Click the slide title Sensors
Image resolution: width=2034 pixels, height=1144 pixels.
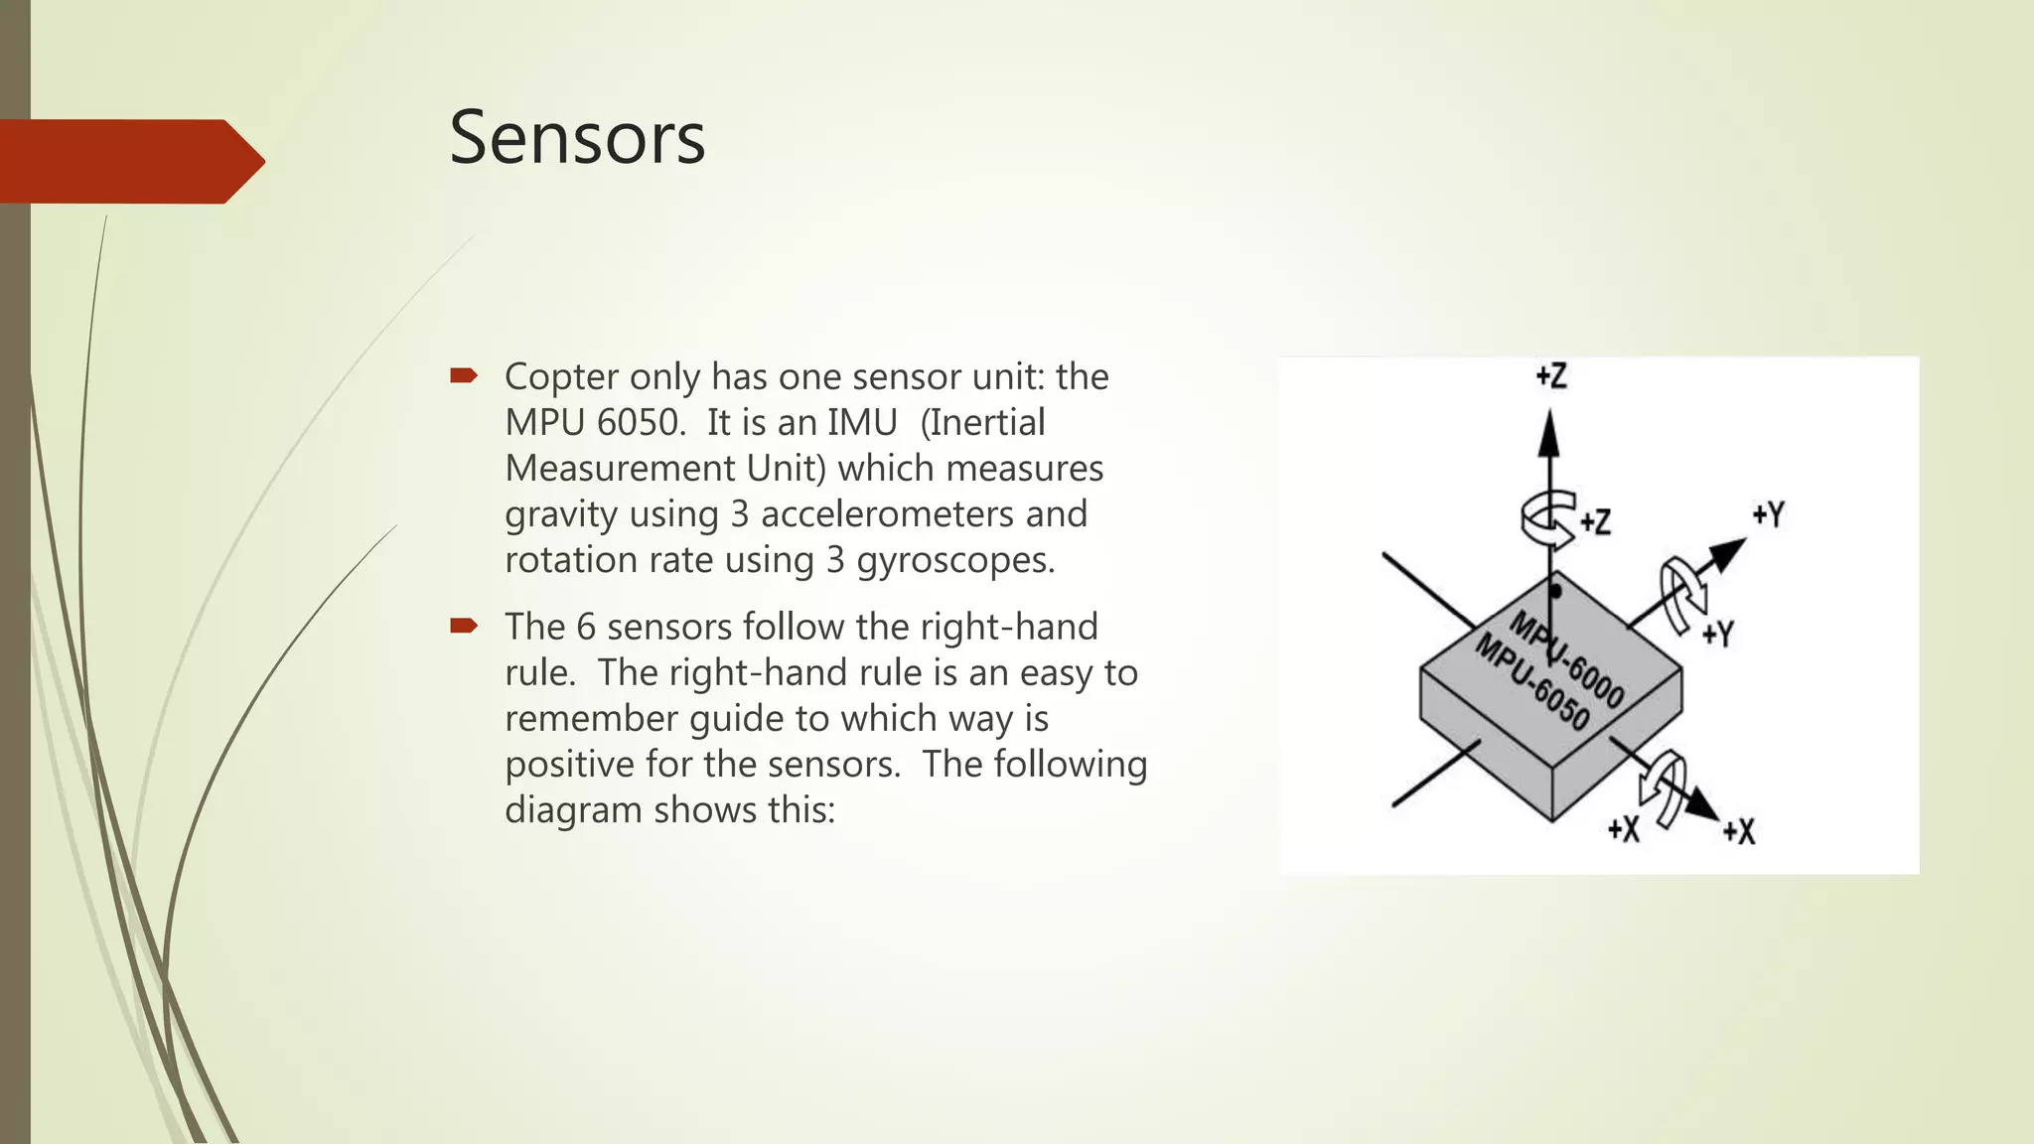click(577, 138)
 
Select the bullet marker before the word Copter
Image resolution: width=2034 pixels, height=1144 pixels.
click(464, 375)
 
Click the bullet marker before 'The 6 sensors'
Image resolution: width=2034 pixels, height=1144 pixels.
click(464, 626)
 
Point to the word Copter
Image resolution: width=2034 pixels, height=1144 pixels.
click(561, 377)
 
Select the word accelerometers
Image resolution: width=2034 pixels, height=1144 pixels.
click(888, 514)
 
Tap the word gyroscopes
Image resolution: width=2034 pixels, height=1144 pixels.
click(954, 561)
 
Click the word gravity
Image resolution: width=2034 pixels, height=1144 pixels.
click(561, 515)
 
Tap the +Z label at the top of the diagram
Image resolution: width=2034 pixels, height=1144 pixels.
click(1551, 376)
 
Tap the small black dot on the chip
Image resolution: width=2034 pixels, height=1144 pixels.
click(1556, 592)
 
